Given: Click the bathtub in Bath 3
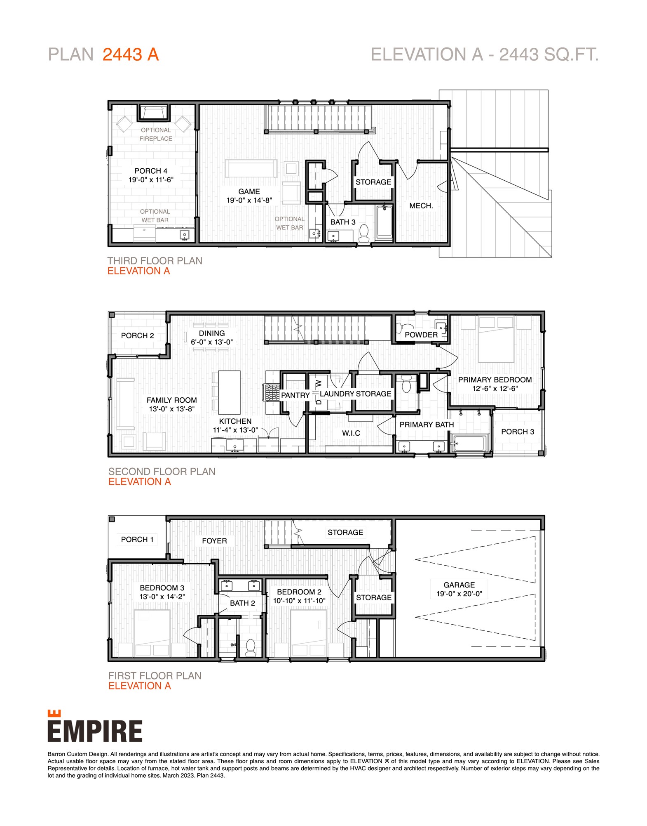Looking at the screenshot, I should coord(384,223).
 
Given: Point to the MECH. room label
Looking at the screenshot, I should coord(421,206).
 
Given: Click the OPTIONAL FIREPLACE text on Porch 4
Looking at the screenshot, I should coord(156,134).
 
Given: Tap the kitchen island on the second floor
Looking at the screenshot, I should coord(229,392).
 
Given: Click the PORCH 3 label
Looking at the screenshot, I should coord(517,432).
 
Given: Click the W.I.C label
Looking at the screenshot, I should coord(351,433).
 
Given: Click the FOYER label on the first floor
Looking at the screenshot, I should coord(214,540).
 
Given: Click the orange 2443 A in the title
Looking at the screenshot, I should coord(130,54).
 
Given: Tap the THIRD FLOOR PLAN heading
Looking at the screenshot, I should coord(155,261).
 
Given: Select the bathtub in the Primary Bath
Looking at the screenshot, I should coord(469,444).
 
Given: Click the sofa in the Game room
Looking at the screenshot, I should coord(251,168).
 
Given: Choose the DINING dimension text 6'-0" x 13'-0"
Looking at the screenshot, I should coord(211,342).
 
